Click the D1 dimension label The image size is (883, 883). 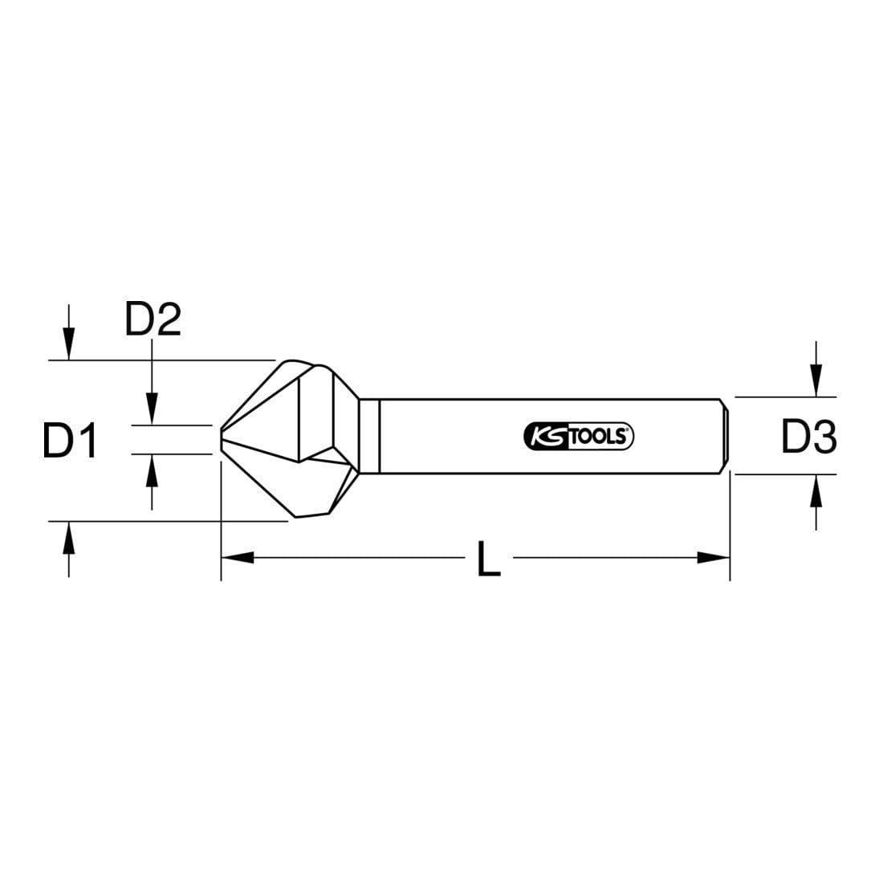71,440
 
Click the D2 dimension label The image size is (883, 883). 153,319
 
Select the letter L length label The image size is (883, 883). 488,559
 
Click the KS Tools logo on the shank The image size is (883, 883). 579,437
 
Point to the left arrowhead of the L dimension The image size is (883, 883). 238,558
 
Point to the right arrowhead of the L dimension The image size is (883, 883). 714,558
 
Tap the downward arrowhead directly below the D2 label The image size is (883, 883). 152,409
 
